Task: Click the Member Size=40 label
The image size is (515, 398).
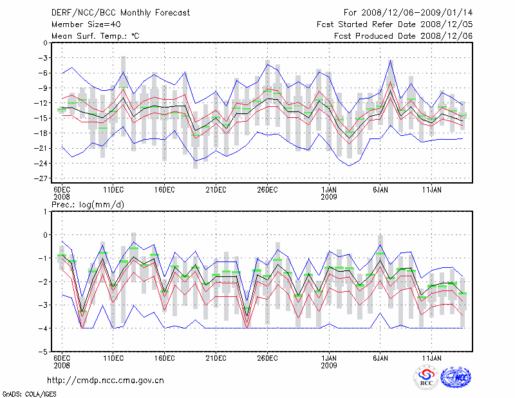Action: click(x=81, y=24)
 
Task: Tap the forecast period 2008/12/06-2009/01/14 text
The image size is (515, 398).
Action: click(x=408, y=13)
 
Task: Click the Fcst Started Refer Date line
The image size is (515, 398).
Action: click(x=395, y=24)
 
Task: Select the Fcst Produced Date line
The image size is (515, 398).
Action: click(x=403, y=36)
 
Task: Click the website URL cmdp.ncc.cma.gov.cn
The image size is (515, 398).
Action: click(x=106, y=380)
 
